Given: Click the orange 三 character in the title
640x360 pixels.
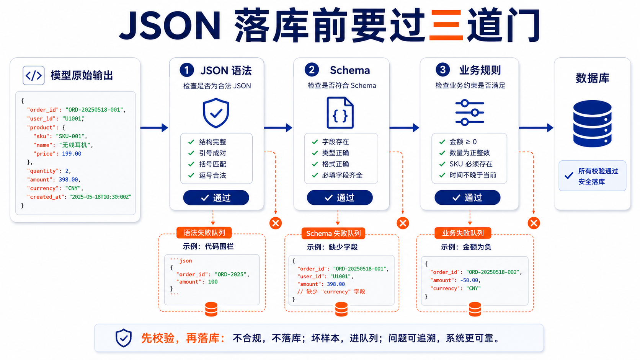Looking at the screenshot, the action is tap(446, 25).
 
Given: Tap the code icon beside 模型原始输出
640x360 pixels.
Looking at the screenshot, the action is tap(33, 75).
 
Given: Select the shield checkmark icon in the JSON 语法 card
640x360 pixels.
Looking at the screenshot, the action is tap(216, 113).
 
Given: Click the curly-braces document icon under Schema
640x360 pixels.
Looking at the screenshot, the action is tap(340, 113).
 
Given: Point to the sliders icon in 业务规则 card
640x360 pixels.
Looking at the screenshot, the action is tap(469, 112).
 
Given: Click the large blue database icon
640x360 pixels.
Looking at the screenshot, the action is tap(592, 123).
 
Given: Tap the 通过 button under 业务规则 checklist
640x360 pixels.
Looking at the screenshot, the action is tap(467, 197).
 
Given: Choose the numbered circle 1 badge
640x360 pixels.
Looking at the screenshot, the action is tap(186, 70).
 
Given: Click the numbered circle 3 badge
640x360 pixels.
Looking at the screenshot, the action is tap(442, 70).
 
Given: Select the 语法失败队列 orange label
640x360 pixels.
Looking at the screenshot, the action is tap(204, 233).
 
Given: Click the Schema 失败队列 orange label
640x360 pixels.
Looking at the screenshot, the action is tap(333, 233).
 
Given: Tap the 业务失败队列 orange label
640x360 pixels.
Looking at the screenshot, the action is tap(463, 233).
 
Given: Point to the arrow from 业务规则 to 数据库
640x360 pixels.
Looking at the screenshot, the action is tap(536, 128).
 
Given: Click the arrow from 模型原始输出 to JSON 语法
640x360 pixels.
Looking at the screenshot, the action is tap(154, 128).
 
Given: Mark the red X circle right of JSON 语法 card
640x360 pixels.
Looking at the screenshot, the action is tap(276, 223).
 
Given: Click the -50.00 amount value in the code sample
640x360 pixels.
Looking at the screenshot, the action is tap(469, 280).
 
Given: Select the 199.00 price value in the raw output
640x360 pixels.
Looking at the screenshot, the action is tap(72, 153).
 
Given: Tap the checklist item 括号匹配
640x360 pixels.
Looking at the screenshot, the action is tap(212, 164).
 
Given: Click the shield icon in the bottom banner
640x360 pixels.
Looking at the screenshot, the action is tap(123, 338).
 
